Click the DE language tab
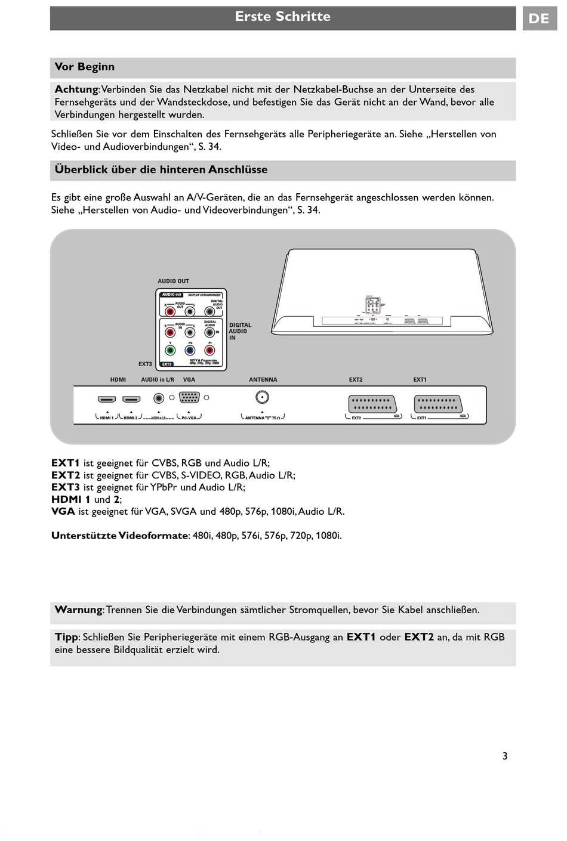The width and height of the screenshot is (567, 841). click(539, 18)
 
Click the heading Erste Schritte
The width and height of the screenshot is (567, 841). click(282, 17)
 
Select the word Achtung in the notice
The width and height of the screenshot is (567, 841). click(76, 89)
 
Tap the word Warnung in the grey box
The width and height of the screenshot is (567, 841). click(78, 610)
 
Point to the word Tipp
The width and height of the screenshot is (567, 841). click(66, 637)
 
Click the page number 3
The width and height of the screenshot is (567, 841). click(504, 756)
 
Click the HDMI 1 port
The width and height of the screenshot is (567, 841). click(106, 399)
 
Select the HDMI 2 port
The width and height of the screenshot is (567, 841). click(131, 399)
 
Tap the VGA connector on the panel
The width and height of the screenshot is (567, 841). click(189, 398)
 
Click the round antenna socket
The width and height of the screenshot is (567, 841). click(261, 397)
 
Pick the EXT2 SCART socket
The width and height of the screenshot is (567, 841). click(371, 404)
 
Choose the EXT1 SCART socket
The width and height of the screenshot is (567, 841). click(437, 404)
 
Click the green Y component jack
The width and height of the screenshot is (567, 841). click(171, 351)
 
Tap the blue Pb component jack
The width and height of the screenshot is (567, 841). click(190, 351)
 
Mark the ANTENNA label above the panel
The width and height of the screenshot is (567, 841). click(263, 379)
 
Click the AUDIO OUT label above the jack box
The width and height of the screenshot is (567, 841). click(173, 281)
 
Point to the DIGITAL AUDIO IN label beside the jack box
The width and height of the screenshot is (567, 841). click(240, 332)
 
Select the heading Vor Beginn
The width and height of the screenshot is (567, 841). click(85, 67)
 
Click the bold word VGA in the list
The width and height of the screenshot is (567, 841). click(63, 511)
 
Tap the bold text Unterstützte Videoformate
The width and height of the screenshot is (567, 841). click(119, 536)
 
